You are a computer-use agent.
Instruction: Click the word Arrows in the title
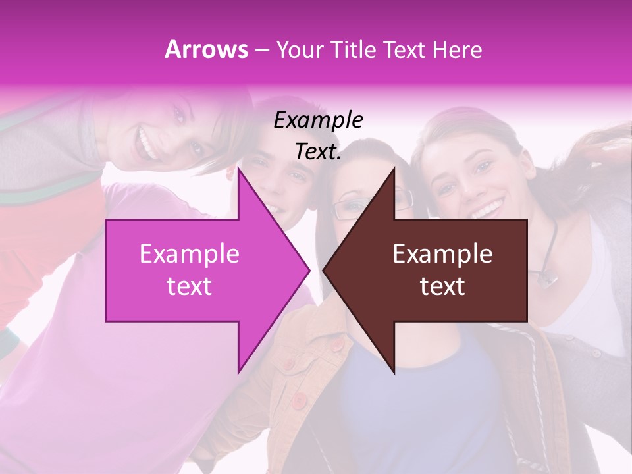click(x=206, y=50)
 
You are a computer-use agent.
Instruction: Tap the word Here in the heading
click(x=458, y=50)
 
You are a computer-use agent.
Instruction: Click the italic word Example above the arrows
click(x=319, y=120)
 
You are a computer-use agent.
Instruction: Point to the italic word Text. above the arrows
click(x=319, y=152)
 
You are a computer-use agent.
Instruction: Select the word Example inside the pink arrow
click(x=190, y=255)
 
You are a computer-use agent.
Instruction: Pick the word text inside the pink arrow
click(x=190, y=286)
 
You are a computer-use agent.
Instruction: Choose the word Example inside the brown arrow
click(x=442, y=255)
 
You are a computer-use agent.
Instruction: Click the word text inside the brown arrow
click(x=442, y=286)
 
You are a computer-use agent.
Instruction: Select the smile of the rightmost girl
click(x=488, y=210)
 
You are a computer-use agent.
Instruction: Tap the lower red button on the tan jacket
click(x=300, y=400)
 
